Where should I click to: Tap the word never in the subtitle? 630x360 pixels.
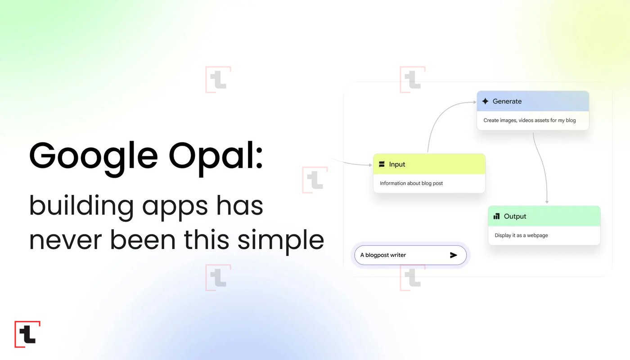pos(65,240)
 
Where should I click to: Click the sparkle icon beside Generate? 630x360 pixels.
pos(485,101)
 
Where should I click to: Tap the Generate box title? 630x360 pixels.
pos(507,101)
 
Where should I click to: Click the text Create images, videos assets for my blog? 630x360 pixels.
pos(530,121)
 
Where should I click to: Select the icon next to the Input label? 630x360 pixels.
pos(382,164)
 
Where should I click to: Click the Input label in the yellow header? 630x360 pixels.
pos(397,164)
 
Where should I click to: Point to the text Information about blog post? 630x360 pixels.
pos(411,184)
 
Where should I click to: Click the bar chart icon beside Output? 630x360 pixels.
pos(496,216)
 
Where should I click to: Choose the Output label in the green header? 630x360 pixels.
pos(515,216)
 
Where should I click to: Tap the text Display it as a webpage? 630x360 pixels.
pos(521,235)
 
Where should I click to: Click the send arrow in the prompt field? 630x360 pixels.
pos(454,255)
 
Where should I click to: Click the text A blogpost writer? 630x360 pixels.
pos(383,255)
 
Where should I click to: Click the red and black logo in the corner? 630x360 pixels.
pos(27,334)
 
